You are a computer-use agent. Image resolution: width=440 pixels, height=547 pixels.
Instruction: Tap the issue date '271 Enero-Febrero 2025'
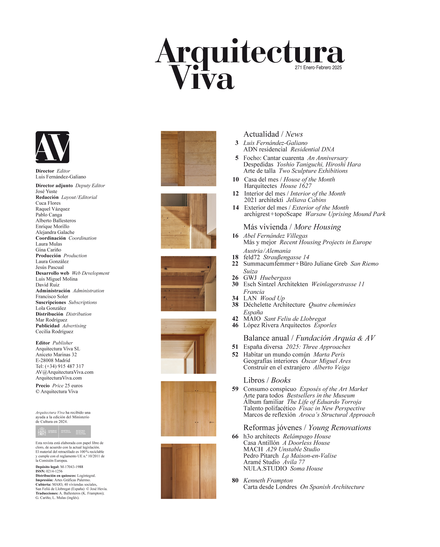tap(318, 67)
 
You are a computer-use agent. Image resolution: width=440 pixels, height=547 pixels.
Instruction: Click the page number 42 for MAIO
tap(235, 319)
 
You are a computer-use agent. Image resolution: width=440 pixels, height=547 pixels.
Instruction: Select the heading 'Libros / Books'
tap(267, 380)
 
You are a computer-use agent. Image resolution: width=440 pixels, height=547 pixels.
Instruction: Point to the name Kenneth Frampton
tap(268, 480)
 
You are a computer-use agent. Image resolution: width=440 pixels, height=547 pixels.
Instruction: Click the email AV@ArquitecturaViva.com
tap(64, 372)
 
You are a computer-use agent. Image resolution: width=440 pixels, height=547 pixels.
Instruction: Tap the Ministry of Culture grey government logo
tap(63, 431)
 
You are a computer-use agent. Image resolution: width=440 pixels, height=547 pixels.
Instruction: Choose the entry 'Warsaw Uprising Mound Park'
tap(345, 214)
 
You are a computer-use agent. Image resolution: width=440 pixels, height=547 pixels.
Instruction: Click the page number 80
tap(235, 480)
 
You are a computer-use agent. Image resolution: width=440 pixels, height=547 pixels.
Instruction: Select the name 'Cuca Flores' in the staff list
tap(48, 203)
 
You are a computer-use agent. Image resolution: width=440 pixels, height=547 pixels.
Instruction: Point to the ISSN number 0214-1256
tap(54, 471)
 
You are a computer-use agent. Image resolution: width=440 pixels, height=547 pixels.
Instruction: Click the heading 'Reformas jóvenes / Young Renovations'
tap(307, 427)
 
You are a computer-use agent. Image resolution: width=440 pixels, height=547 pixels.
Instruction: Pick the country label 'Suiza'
tap(250, 271)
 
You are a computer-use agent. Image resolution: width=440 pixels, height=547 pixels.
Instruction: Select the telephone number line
tap(60, 366)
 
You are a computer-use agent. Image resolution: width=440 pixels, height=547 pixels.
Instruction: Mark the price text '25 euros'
tap(74, 386)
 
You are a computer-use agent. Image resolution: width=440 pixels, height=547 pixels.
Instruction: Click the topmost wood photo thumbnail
tap(188, 159)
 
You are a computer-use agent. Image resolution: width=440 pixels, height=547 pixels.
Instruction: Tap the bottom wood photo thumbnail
tap(188, 471)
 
